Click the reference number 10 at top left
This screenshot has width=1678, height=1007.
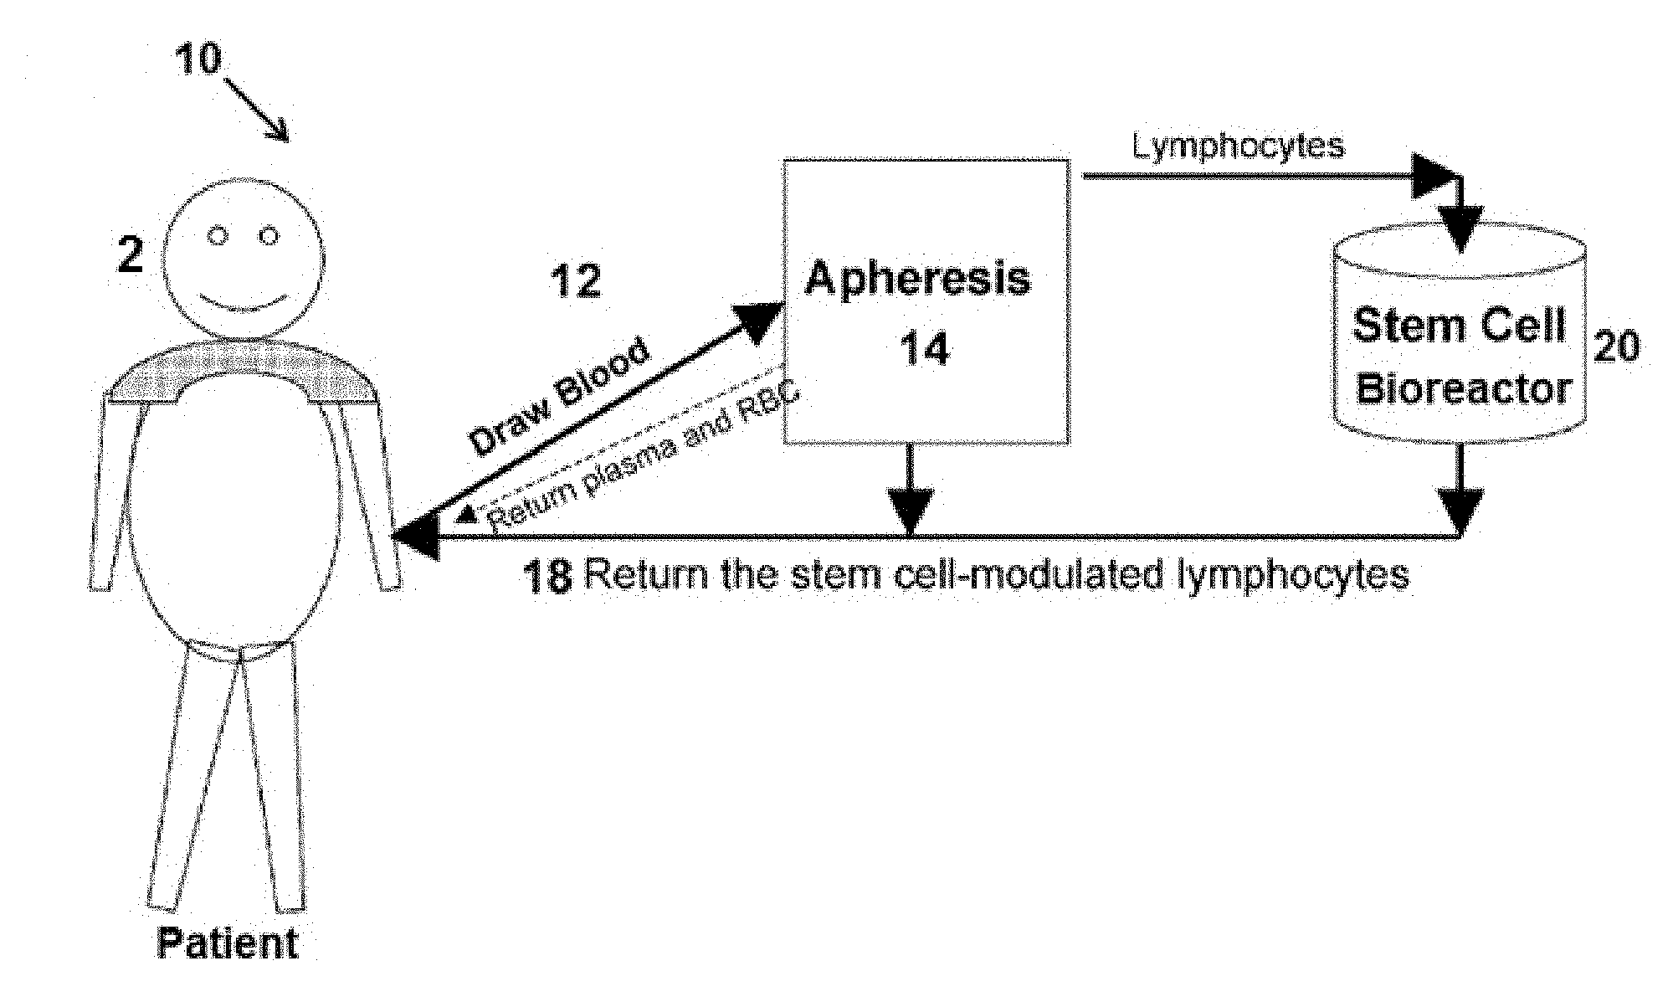pos(198,59)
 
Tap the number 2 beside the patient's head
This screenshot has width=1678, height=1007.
pos(130,254)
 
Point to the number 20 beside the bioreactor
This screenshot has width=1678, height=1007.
pos(1615,345)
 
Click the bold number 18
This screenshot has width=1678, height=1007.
pos(548,577)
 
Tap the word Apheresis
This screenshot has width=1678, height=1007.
pos(918,278)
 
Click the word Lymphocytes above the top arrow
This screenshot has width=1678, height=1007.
pos(1239,146)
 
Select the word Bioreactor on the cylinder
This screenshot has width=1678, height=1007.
pos(1463,389)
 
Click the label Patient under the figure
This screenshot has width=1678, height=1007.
pos(228,943)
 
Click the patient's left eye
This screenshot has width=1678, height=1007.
pos(218,238)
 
